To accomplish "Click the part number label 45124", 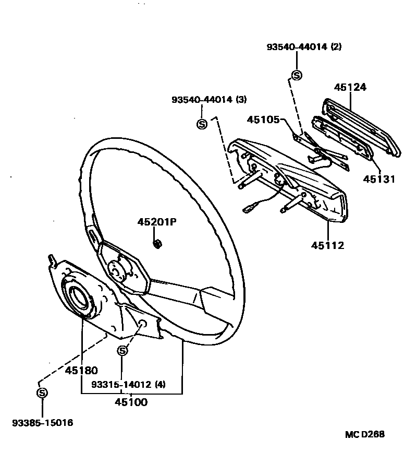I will click(350, 87).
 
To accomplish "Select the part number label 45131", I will click(379, 179).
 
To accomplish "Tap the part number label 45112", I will click(328, 245).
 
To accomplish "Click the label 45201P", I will click(157, 222).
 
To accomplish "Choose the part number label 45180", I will click(81, 371).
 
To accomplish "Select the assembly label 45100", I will click(131, 402).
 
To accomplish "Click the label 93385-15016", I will click(43, 423).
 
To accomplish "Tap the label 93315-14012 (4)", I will click(128, 385).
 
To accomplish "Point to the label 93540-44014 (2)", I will click(304, 46).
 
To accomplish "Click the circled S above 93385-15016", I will click(42, 392).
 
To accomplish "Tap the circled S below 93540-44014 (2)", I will click(297, 75).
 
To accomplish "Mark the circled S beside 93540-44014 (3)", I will click(202, 124).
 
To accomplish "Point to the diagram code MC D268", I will click(365, 434).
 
